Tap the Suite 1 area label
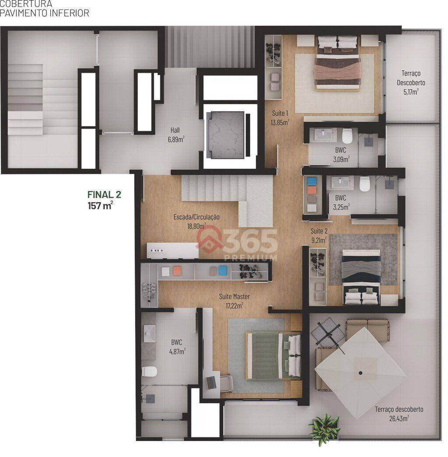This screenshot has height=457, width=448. (x=280, y=118)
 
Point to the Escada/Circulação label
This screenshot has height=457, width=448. (x=196, y=221)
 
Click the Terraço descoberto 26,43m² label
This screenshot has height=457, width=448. (x=399, y=413)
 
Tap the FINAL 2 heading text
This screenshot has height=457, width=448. (x=104, y=195)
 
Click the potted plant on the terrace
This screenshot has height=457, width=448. (x=324, y=426)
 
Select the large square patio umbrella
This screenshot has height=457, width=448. (x=360, y=373)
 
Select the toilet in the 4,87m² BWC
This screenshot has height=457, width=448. (x=150, y=371)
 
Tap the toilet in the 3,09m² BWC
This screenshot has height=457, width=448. (x=347, y=136)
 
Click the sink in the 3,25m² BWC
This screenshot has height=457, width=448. (x=339, y=183)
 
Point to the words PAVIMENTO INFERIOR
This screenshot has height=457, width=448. (x=45, y=13)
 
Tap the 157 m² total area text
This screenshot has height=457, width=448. (x=100, y=205)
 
